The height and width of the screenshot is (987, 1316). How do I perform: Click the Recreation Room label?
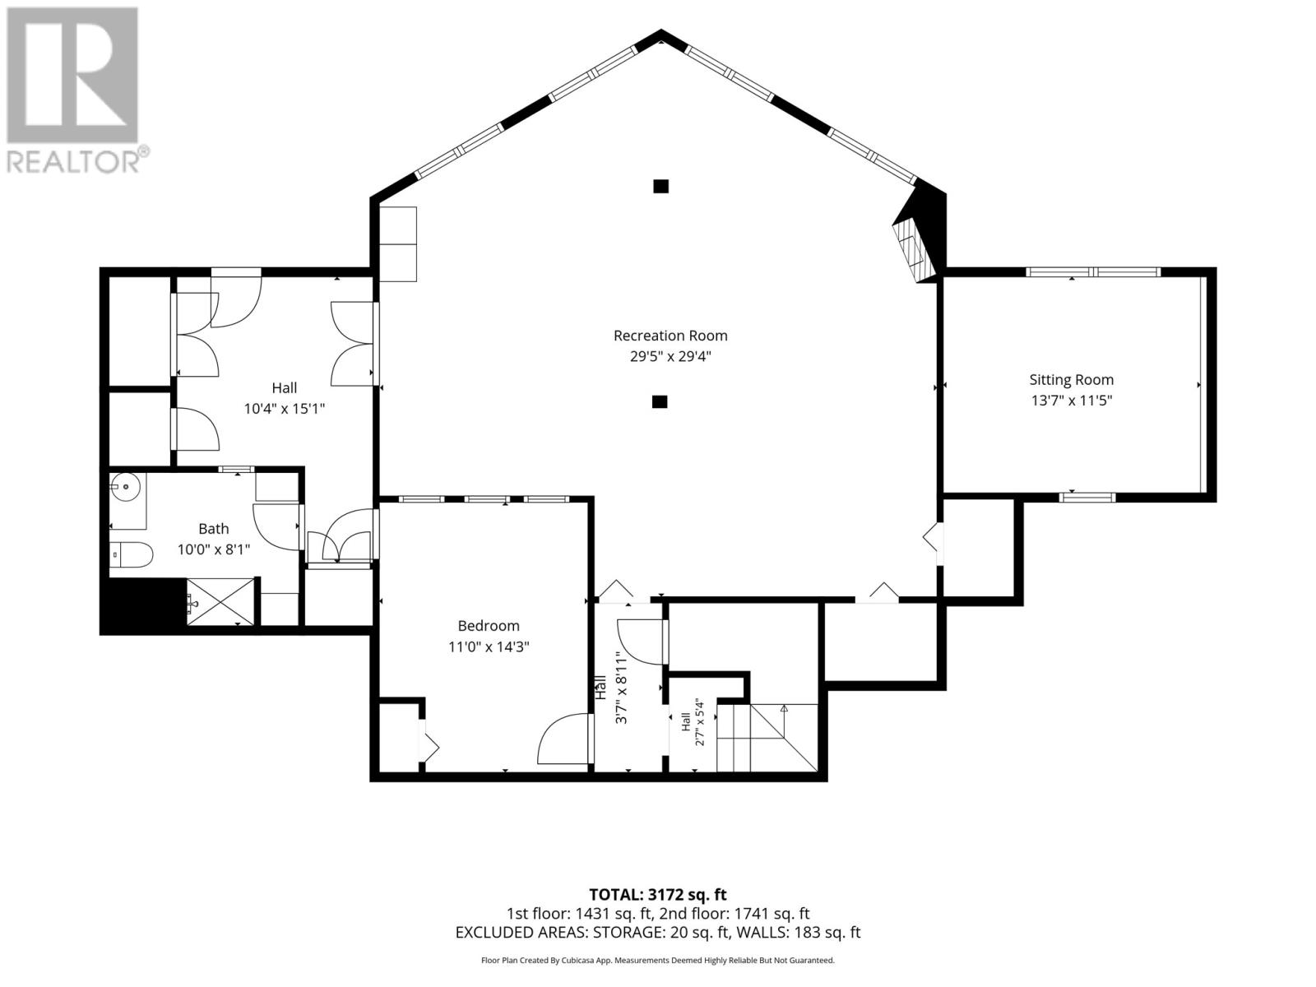[670, 336]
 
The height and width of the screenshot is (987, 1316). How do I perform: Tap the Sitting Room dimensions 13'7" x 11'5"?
[1071, 401]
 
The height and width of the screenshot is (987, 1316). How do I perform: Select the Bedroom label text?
[488, 626]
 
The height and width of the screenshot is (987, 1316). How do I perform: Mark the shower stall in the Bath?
[220, 601]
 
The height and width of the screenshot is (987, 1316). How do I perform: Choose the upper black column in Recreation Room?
[660, 187]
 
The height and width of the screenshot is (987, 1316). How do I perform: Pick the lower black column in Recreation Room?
[659, 401]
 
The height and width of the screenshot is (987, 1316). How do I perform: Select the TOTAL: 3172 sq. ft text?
[657, 894]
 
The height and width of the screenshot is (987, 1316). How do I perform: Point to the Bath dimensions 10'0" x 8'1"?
[213, 549]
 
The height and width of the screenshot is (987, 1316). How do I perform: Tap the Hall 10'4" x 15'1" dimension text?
[284, 409]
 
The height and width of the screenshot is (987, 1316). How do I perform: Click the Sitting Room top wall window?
[1092, 272]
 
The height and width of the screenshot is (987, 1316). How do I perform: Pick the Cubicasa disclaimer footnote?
[657, 960]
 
